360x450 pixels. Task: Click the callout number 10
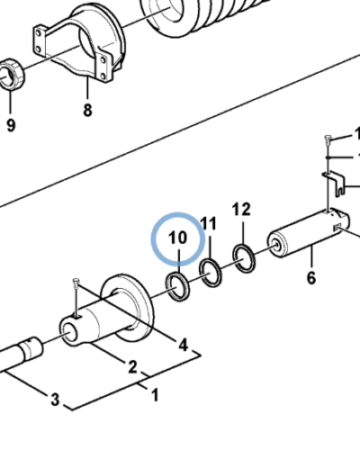pyautogui.click(x=177, y=238)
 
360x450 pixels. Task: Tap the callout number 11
pyautogui.click(x=209, y=224)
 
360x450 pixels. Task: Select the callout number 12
pyautogui.click(x=241, y=210)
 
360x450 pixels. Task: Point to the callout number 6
pyautogui.click(x=311, y=278)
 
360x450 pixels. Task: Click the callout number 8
pyautogui.click(x=87, y=110)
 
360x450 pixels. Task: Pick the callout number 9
pyautogui.click(x=11, y=125)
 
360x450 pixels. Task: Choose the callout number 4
pyautogui.click(x=183, y=345)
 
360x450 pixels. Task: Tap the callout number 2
pyautogui.click(x=132, y=367)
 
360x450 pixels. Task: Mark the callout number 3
pyautogui.click(x=55, y=400)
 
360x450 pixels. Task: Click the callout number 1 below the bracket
pyautogui.click(x=155, y=395)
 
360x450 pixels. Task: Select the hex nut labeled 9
pyautogui.click(x=12, y=74)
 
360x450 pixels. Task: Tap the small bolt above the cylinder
pyautogui.click(x=328, y=140)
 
